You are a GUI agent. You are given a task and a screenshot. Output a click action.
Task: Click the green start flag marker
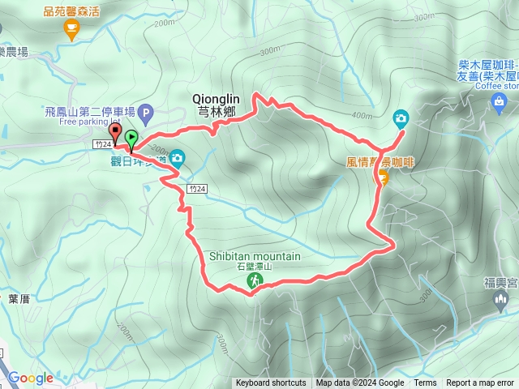coord(131,139)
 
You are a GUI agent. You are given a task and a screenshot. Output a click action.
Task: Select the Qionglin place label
coord(214,97)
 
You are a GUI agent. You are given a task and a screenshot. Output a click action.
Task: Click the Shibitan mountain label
coord(255,256)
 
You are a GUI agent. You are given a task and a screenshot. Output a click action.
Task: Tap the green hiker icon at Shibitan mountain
coord(255,280)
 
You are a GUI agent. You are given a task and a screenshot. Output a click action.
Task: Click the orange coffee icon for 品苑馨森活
coord(71,29)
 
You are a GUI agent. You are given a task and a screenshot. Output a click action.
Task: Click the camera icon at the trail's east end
coord(401,118)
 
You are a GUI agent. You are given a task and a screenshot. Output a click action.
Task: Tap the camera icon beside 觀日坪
coord(177,158)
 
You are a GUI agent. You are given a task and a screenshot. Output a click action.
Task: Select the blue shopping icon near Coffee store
coord(498,100)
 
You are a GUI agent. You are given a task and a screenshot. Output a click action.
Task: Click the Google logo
coord(30,378)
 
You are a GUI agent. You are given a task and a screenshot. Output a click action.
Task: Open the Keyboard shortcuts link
coord(271,383)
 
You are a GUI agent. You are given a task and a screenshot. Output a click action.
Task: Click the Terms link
coord(425,383)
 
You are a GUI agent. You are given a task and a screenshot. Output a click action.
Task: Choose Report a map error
coord(480,383)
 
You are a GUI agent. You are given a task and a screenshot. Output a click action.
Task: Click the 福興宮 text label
coord(495,282)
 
